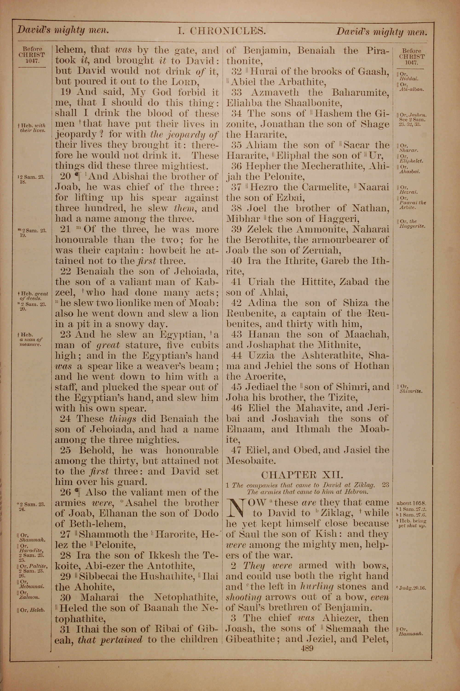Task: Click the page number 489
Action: point(307,648)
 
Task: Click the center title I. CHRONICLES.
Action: point(222,31)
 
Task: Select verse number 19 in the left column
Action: point(66,92)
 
